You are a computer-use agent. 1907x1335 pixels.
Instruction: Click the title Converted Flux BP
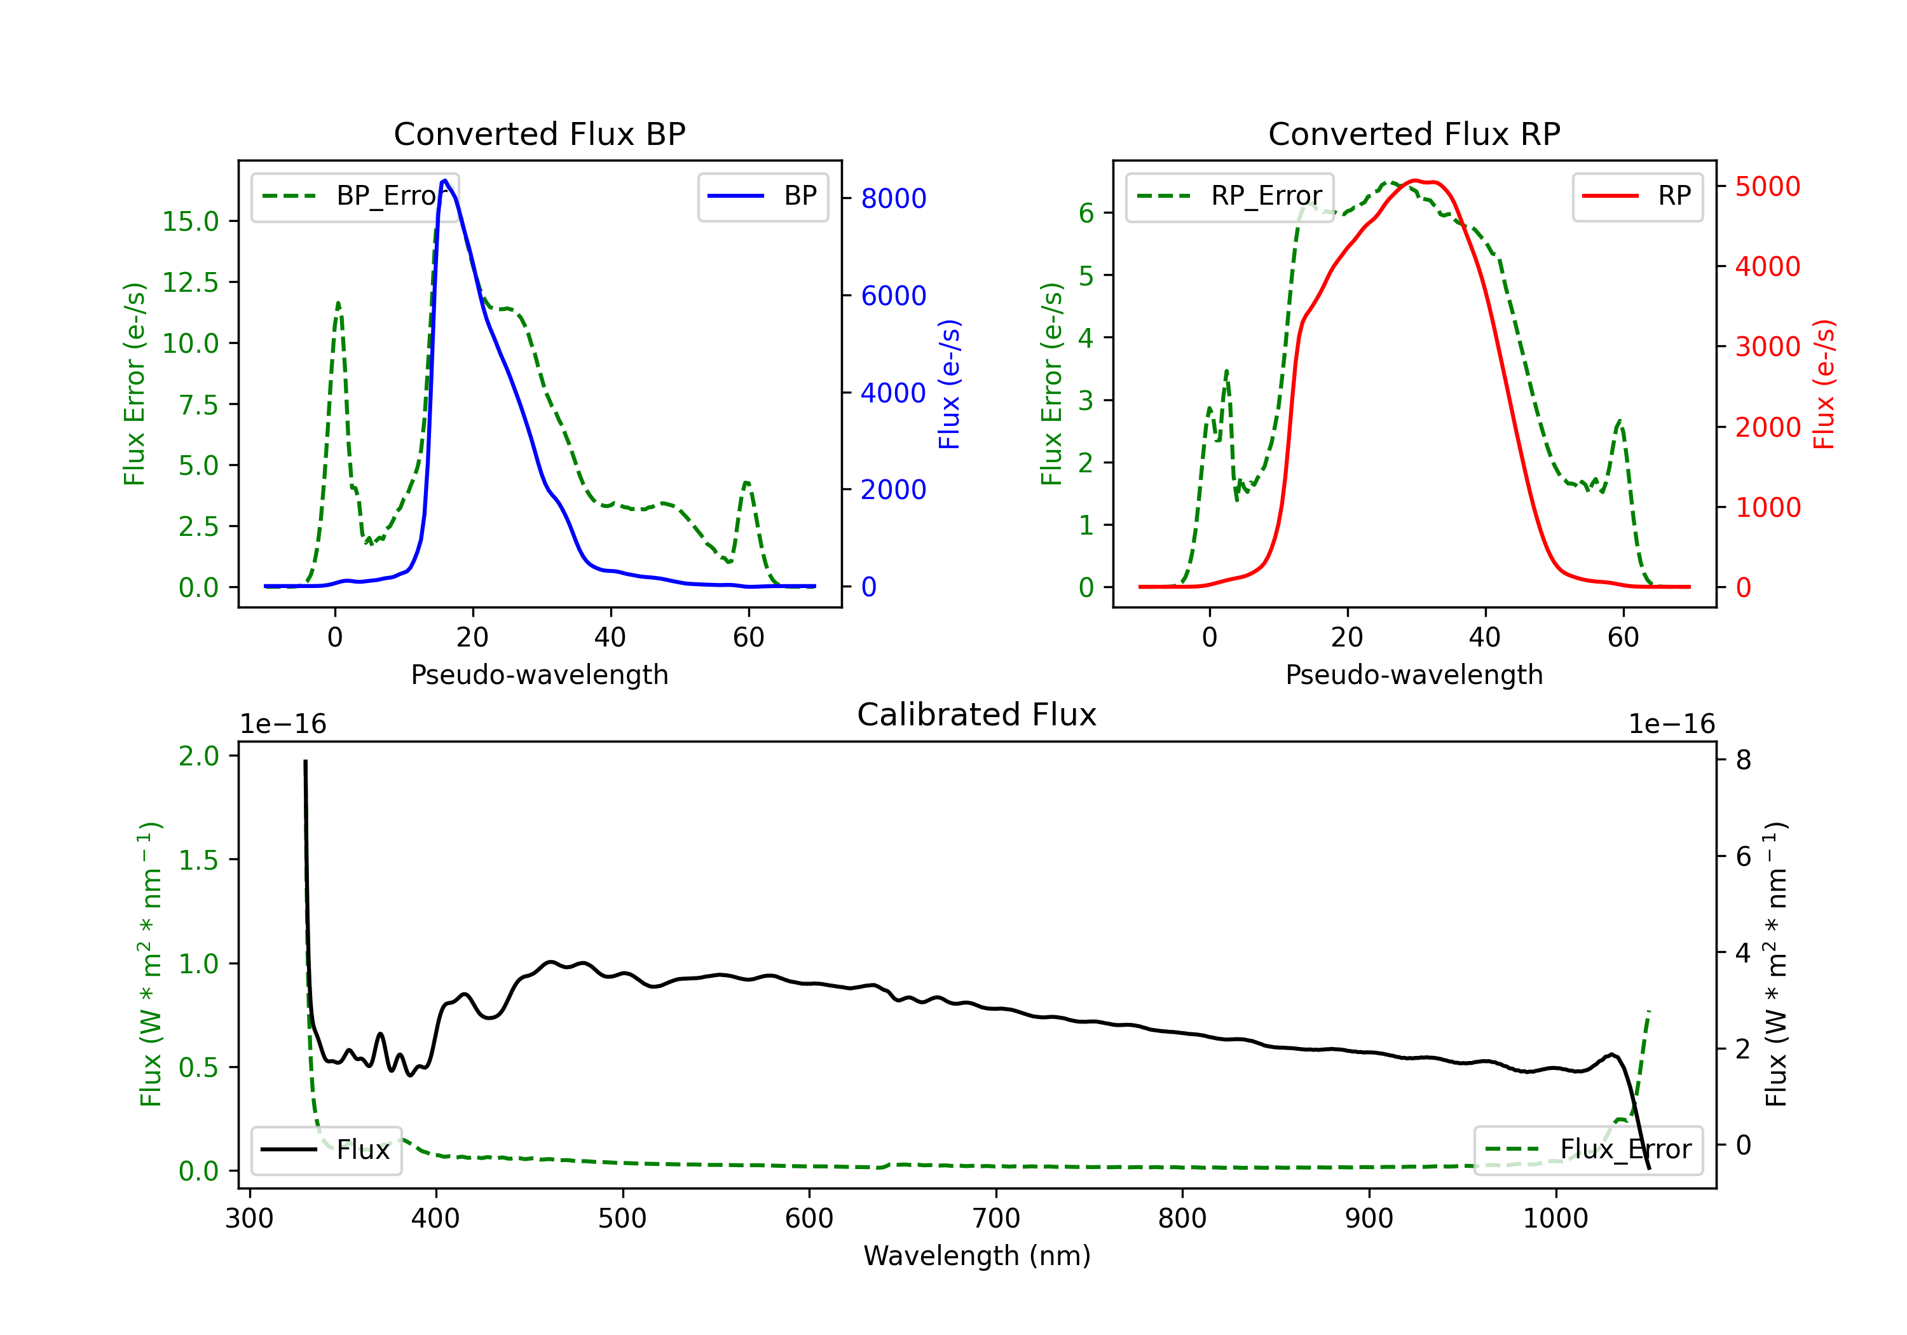point(539,133)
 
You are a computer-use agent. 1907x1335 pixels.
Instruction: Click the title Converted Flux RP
point(1414,133)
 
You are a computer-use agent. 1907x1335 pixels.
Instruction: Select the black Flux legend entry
point(327,1150)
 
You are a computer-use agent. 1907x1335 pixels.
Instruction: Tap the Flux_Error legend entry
point(1587,1150)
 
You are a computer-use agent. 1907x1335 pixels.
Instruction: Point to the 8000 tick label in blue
point(893,198)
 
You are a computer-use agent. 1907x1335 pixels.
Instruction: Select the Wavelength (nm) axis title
point(977,1256)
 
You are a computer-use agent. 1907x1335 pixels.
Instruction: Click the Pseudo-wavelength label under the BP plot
point(539,674)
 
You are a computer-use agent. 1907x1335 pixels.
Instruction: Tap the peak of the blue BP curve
point(445,181)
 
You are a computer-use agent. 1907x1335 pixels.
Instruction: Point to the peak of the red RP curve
point(1414,181)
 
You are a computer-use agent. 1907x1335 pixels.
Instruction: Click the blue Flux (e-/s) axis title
point(948,385)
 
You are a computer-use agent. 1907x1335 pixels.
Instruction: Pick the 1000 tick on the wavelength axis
point(1555,1219)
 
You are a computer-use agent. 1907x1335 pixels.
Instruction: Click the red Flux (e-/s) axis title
point(1823,385)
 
